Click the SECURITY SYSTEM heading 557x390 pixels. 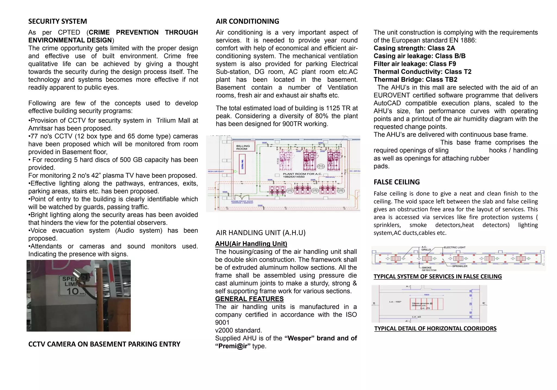pyautogui.click(x=57, y=21)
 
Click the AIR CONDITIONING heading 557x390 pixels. pyautogui.click(x=247, y=21)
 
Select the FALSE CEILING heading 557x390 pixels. pyautogui.click(x=397, y=182)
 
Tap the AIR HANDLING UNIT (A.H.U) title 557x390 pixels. pyautogui.click(x=261, y=233)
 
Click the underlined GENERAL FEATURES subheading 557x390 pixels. pyautogui.click(x=249, y=299)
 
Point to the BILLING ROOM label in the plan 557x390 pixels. pyautogui.click(x=243, y=147)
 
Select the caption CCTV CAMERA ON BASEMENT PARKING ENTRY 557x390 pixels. pyautogui.click(x=104, y=344)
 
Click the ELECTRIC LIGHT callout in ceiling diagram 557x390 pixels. pyautogui.click(x=454, y=247)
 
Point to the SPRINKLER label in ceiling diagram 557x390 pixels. pyautogui.click(x=460, y=266)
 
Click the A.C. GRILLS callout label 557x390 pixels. pyautogui.click(x=426, y=248)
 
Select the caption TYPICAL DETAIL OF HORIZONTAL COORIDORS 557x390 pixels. pyautogui.click(x=435, y=329)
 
